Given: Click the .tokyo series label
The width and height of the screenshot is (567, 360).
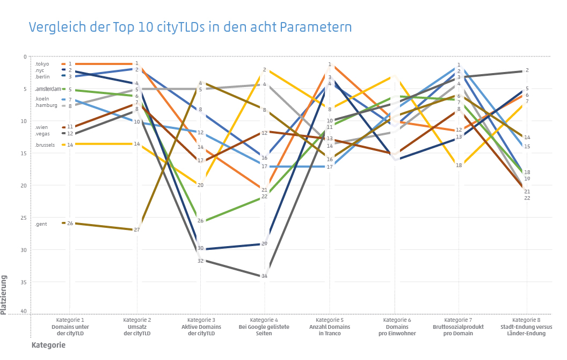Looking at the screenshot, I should coord(42,64).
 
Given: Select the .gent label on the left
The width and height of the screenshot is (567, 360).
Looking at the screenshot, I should coord(41,224).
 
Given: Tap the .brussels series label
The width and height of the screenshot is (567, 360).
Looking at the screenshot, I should coord(45,145).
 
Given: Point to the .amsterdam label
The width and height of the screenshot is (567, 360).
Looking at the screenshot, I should coord(48,89).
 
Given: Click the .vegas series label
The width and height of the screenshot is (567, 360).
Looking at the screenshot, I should coord(43,133).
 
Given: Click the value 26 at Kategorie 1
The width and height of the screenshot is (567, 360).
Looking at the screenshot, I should coord(70,223).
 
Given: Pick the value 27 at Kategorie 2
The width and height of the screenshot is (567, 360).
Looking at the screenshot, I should coord(136,230).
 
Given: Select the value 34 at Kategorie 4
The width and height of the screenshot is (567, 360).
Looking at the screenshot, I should coord(264,276).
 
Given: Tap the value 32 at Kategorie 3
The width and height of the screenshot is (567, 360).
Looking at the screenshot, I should coord(200,261).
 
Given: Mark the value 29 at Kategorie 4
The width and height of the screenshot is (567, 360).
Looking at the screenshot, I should coord(264,244).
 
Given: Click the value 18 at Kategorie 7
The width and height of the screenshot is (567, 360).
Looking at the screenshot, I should coord(459,165).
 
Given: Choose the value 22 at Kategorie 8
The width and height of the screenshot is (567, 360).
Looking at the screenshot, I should coord(527,198).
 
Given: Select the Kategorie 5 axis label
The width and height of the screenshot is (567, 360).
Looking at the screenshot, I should coord(330,320).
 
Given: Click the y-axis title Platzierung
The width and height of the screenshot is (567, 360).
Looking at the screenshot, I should coord(4,295).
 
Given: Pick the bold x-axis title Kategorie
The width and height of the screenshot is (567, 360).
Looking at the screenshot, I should coord(48,345).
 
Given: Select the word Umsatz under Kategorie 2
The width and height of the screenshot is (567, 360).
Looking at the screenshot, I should coord(136,327).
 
